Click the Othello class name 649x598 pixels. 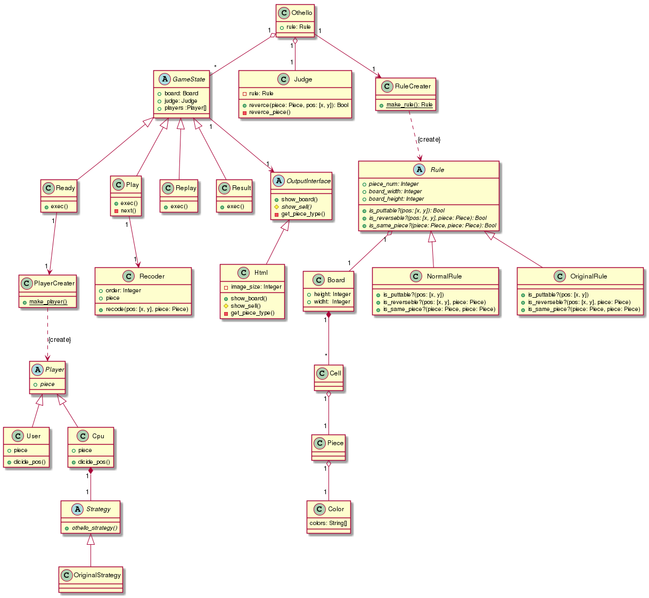[x=301, y=13]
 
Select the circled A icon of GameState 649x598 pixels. [x=165, y=79]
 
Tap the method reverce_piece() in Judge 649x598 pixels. [x=269, y=112]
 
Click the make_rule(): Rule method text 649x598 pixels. [x=409, y=104]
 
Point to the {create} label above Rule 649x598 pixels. [x=429, y=140]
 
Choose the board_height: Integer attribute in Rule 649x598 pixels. [x=396, y=199]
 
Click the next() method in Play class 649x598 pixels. [x=128, y=210]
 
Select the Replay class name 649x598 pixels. [x=186, y=188]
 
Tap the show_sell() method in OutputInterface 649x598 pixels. [x=296, y=207]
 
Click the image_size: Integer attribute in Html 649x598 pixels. [x=256, y=286]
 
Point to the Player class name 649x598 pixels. [x=55, y=370]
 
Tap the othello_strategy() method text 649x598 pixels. [x=94, y=528]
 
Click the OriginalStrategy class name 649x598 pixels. [x=97, y=575]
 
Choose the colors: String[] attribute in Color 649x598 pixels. [x=328, y=523]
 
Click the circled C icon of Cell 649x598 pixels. [x=322, y=373]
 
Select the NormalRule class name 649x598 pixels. [x=444, y=276]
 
